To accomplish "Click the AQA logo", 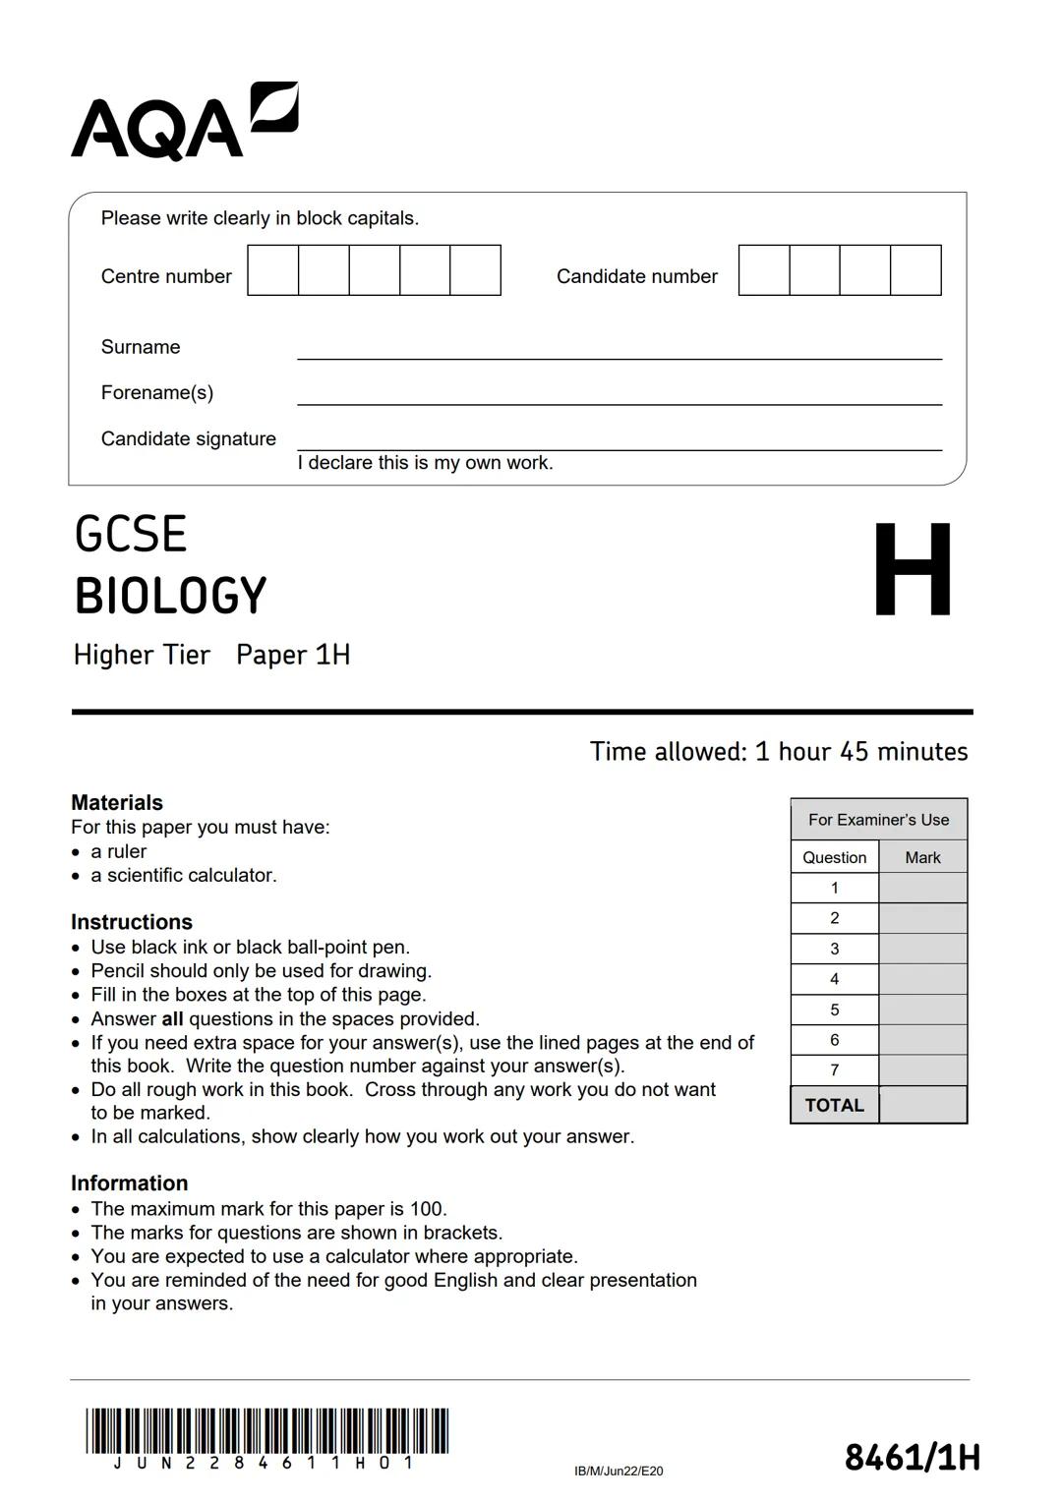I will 184,122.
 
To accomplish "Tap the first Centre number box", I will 273,270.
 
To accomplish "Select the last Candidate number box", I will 915,270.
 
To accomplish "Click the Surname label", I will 141,347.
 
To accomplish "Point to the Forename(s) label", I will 157,392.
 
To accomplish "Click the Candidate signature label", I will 189,438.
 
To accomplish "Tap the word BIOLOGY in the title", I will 170,596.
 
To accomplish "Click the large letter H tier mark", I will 912,570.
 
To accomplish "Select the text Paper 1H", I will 293,655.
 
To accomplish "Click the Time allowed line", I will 778,752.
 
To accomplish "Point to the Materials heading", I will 117,802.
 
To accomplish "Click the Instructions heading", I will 132,922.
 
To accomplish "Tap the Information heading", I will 129,1183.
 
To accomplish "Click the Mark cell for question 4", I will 922,979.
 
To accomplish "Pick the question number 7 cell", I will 835,1070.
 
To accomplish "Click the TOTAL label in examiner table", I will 835,1105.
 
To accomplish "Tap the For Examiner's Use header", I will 878,820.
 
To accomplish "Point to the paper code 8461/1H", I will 912,1457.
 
